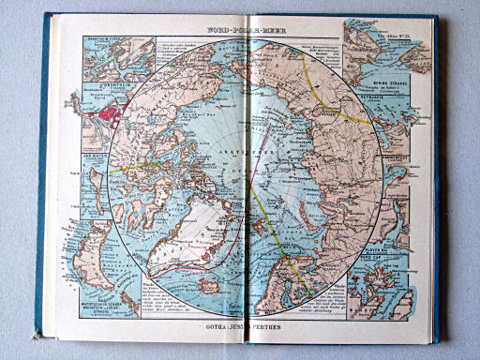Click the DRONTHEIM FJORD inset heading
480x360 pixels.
tap(101, 37)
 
